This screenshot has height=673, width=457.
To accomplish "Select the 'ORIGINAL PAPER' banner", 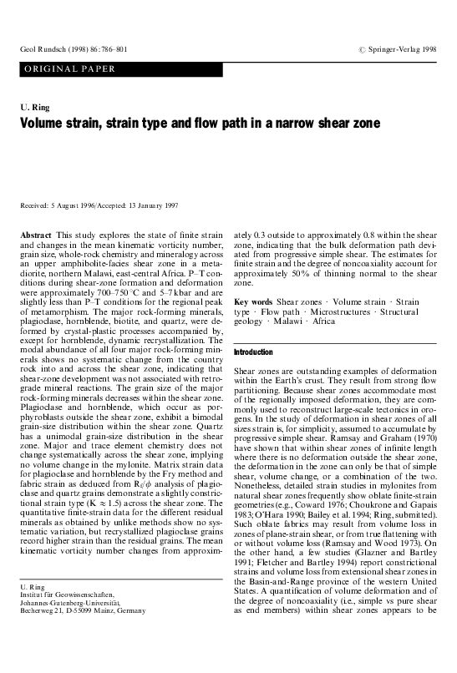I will click(x=59, y=68).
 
